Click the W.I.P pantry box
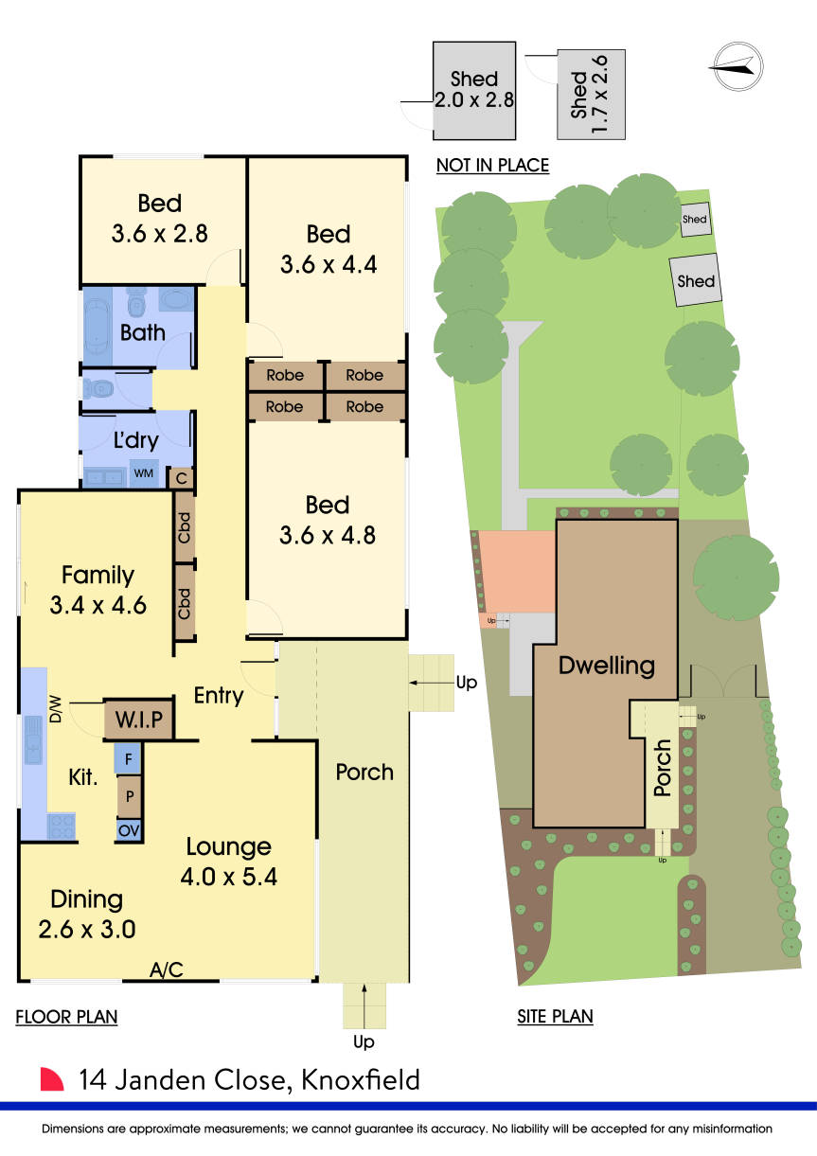pos(139,720)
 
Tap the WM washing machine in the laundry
pos(144,472)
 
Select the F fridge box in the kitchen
pos(129,757)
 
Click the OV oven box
pos(129,829)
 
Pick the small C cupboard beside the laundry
pos(181,477)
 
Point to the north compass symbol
pos(737,65)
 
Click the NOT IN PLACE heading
pos(492,166)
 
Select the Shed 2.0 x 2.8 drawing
pos(473,91)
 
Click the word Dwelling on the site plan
pos(607,665)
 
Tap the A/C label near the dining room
pos(166,969)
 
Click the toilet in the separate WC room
pos(98,388)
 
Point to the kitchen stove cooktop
pos(62,826)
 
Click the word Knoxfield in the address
pos(360,1080)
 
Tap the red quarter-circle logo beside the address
pos(52,1080)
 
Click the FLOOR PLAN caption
pos(66,1018)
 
